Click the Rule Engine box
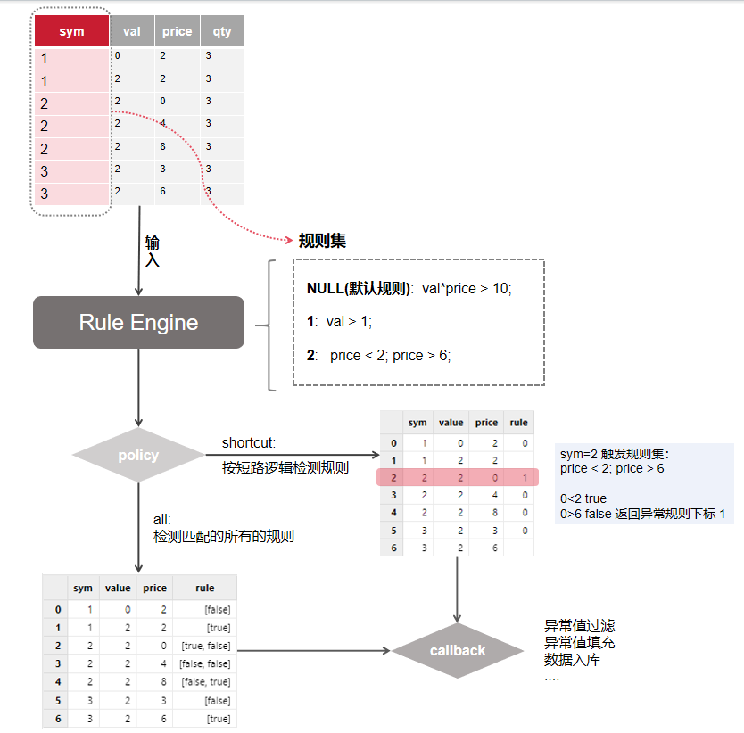click(138, 322)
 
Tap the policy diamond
click(138, 456)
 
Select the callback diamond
click(457, 651)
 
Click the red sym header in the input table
click(71, 31)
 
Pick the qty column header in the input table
click(222, 31)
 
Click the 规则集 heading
click(322, 241)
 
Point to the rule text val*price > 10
click(467, 289)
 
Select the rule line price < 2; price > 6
click(390, 355)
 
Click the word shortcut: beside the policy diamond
click(249, 443)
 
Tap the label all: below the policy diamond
click(161, 519)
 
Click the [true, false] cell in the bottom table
click(205, 645)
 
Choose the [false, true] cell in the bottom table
click(205, 681)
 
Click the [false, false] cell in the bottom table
click(205, 663)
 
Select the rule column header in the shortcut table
click(518, 423)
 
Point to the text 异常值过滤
click(579, 626)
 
